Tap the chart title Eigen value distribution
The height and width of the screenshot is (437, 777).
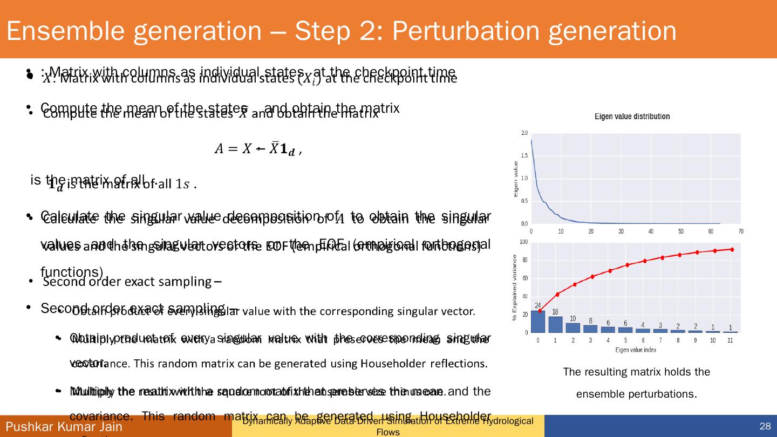pos(632,117)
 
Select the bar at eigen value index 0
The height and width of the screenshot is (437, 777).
pos(538,322)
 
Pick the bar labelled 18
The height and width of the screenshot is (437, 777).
pos(555,324)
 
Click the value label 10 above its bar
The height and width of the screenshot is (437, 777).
pos(572,318)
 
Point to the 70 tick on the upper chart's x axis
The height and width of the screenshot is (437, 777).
pos(740,231)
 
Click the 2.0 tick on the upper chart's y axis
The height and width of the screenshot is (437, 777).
pos(524,133)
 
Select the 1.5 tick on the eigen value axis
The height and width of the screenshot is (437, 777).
pos(524,155)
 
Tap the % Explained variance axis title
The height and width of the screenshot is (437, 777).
pos(515,288)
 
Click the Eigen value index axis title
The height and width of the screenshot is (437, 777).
pos(636,350)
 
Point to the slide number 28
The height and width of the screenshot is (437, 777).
pos(765,427)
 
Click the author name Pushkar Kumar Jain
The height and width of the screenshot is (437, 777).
pos(64,427)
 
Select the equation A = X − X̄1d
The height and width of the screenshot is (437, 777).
pos(257,150)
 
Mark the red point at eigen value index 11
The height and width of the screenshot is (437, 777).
pos(732,249)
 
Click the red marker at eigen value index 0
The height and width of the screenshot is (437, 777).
pos(540,311)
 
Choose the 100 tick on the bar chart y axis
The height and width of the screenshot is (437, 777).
pos(523,242)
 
